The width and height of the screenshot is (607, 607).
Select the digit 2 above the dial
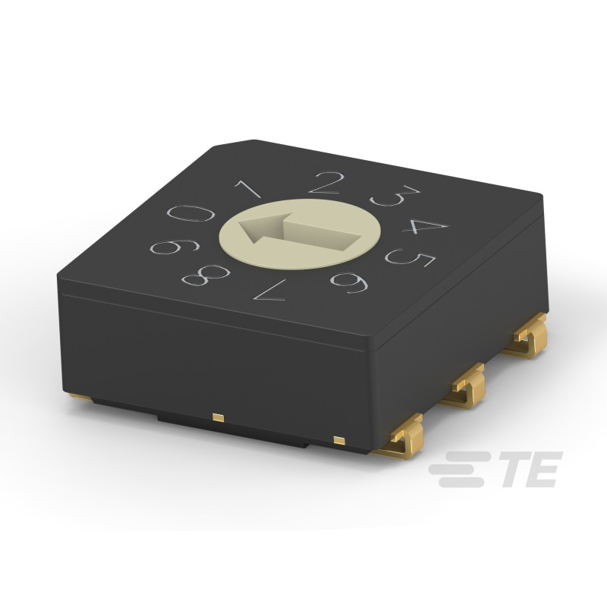327,183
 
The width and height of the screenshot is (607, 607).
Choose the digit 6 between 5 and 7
351,282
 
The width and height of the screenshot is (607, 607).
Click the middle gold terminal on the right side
466,386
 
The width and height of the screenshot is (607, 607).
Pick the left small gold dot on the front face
219,417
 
